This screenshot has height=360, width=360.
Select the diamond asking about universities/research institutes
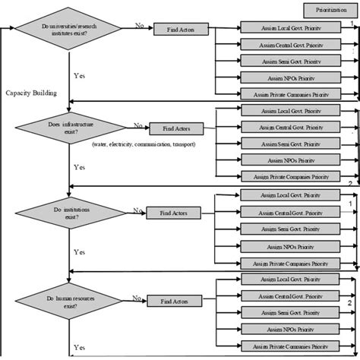point(69,31)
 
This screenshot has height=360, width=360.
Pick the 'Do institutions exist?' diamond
point(69,212)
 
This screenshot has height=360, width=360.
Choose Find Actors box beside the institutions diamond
point(169,213)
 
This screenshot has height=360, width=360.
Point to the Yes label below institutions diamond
point(79,250)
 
